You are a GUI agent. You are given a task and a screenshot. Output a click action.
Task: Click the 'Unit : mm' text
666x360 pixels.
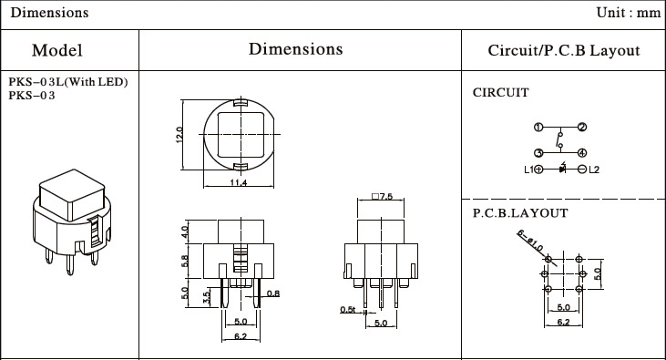(x=629, y=13)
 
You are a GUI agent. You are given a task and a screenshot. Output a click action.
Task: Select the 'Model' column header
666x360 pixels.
(x=56, y=50)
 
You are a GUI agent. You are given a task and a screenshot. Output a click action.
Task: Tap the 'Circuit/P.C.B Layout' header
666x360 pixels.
(x=564, y=50)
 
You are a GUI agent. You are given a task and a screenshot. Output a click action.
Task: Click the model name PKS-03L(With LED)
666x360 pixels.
(x=68, y=82)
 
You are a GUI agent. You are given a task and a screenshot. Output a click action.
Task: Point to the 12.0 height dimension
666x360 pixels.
(x=179, y=135)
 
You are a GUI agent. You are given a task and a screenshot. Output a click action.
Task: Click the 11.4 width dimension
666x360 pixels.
(x=239, y=183)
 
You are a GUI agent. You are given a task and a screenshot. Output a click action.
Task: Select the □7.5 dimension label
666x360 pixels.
(x=383, y=196)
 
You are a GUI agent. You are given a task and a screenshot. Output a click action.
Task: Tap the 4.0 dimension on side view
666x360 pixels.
(x=184, y=231)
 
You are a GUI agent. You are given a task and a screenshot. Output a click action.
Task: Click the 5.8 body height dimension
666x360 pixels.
(x=184, y=261)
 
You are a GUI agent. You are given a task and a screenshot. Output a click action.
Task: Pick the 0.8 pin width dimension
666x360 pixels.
(x=273, y=293)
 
